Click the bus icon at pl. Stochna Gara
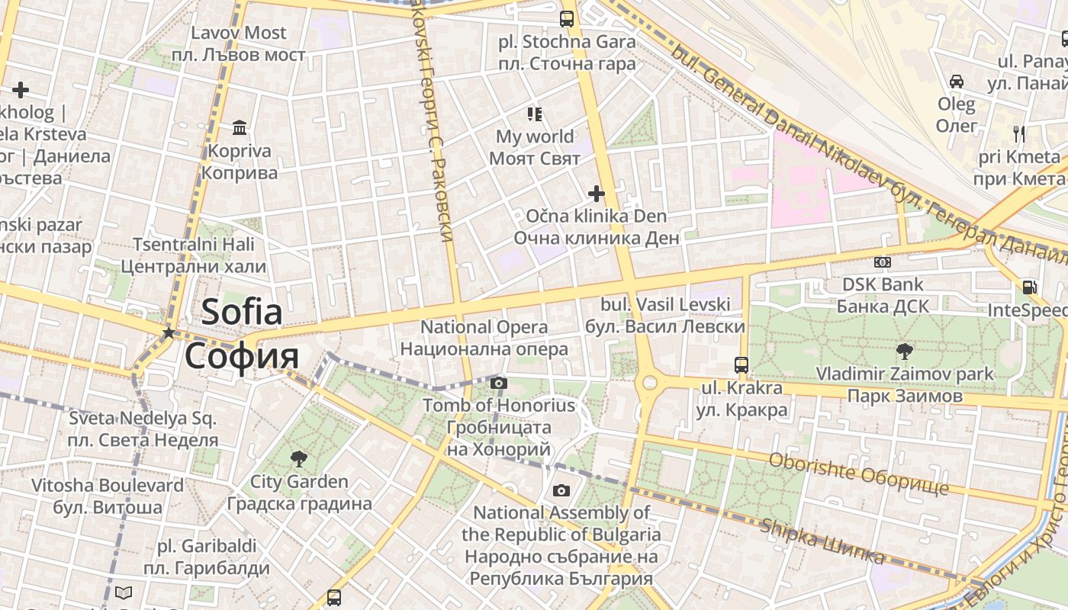click(567, 19)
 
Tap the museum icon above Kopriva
click(240, 127)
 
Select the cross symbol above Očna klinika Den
click(597, 194)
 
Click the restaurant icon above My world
click(535, 114)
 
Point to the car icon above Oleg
click(957, 81)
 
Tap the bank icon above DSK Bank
click(883, 262)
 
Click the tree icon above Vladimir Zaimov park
click(905, 351)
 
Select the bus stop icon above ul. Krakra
click(741, 364)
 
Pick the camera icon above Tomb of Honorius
click(499, 383)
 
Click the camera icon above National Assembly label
click(561, 490)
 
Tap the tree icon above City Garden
click(299, 458)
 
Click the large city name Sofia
click(242, 313)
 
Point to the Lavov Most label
click(238, 33)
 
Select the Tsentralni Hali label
click(194, 245)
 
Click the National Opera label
click(484, 327)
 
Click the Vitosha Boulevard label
click(108, 485)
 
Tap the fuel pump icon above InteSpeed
click(1029, 287)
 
